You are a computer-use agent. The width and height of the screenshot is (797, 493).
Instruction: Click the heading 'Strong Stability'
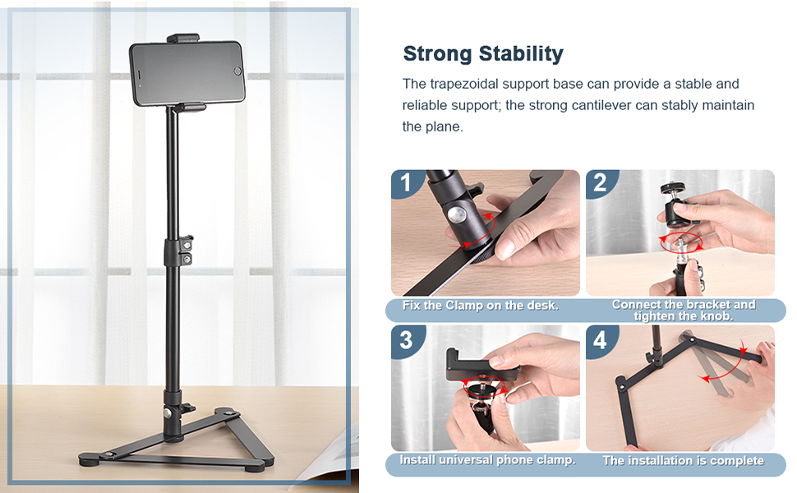pos(482,54)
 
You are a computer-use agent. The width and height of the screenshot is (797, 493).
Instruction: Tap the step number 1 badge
pos(404,182)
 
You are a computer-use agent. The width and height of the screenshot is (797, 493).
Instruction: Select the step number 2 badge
pos(600,182)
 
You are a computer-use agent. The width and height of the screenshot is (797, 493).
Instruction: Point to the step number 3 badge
pos(404,339)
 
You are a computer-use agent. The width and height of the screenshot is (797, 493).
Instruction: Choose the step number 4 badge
pos(600,339)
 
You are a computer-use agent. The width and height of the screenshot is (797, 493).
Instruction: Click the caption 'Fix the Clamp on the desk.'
pos(481,306)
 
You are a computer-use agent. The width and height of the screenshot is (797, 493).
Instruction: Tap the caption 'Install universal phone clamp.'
pos(487,460)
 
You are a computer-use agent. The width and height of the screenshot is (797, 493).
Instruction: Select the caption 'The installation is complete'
pos(683,461)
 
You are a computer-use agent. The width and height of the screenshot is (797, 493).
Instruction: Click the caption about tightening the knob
pos(683,310)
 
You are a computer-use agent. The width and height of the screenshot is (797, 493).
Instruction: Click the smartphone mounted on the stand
pos(187,74)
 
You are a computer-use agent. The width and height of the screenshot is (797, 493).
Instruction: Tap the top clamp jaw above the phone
pos(183,38)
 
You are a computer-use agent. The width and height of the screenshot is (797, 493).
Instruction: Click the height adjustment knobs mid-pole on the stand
pos(186,250)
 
